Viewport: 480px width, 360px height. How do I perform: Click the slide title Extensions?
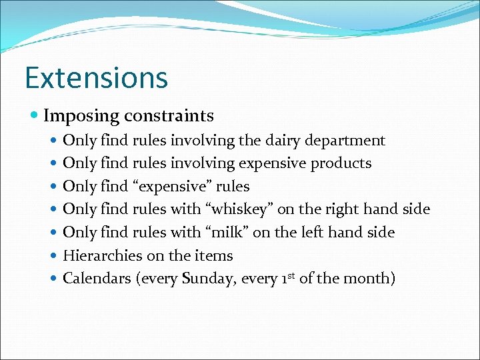[x=96, y=77]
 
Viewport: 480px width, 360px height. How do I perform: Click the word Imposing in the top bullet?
[x=79, y=116]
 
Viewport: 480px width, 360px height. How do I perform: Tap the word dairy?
[x=282, y=141]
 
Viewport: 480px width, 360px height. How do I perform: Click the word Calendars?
[x=97, y=278]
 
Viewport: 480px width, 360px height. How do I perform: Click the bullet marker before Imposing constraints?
[x=35, y=117]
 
